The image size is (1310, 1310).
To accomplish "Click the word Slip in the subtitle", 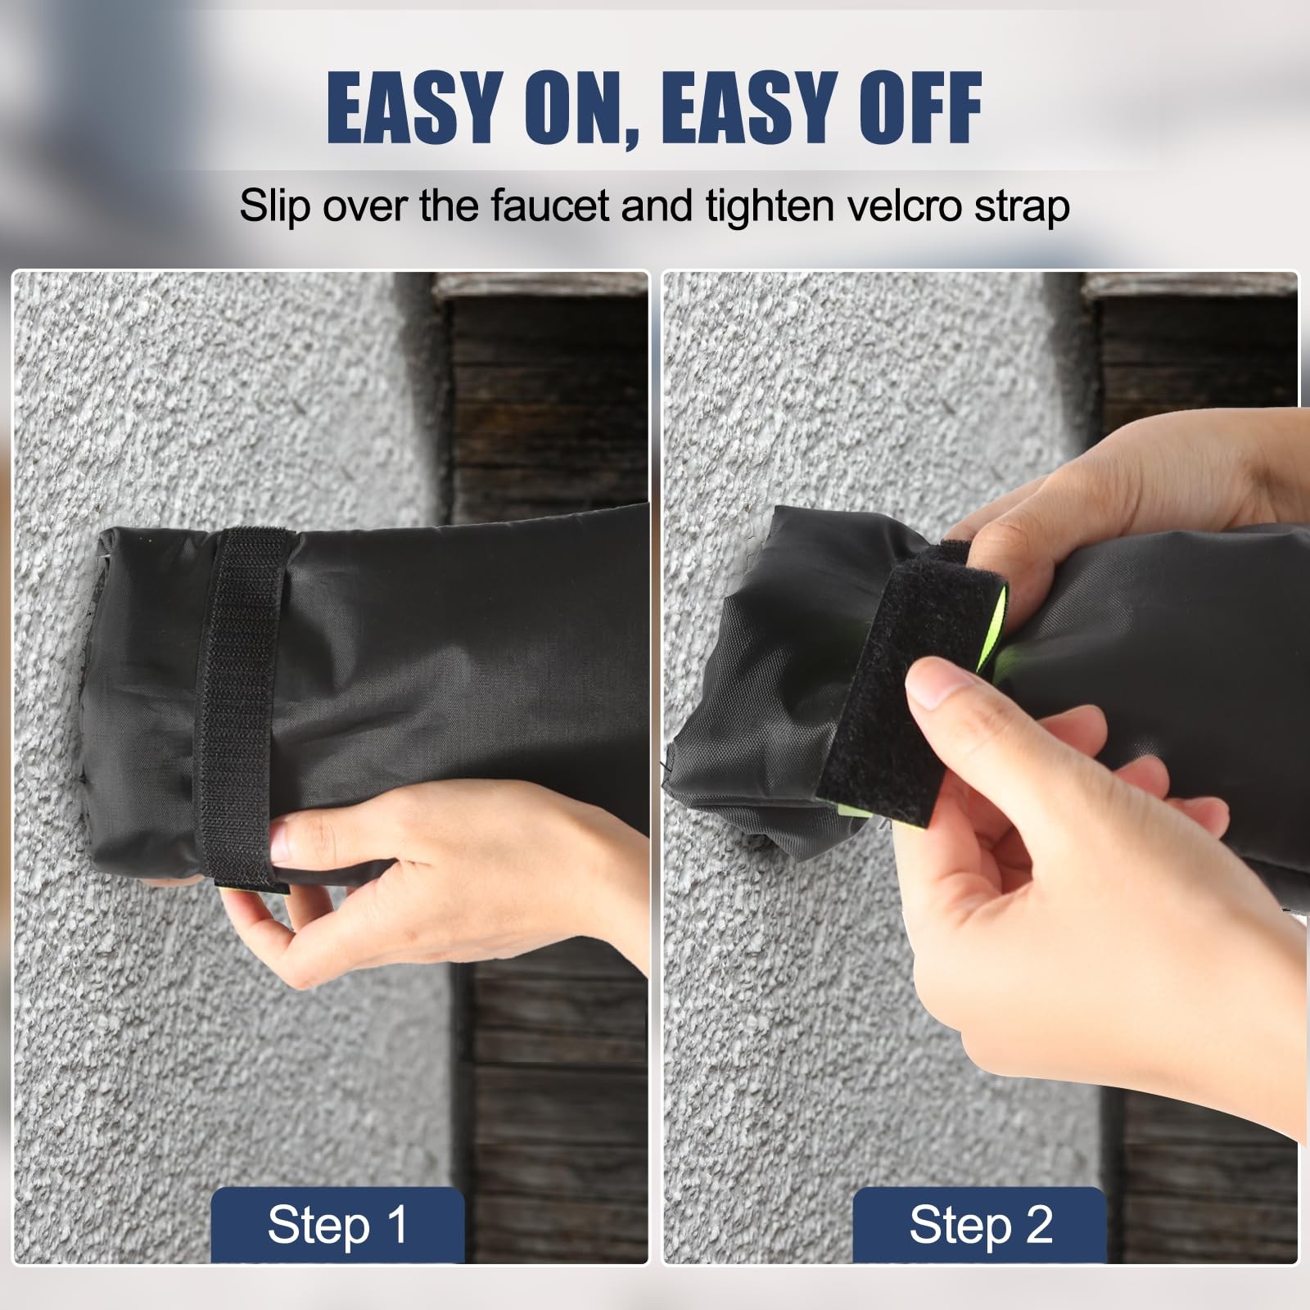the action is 274,206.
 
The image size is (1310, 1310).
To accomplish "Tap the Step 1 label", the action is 337,1226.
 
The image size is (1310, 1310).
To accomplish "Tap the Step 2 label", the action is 980,1226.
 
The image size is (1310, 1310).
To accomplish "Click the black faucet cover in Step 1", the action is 368,696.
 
